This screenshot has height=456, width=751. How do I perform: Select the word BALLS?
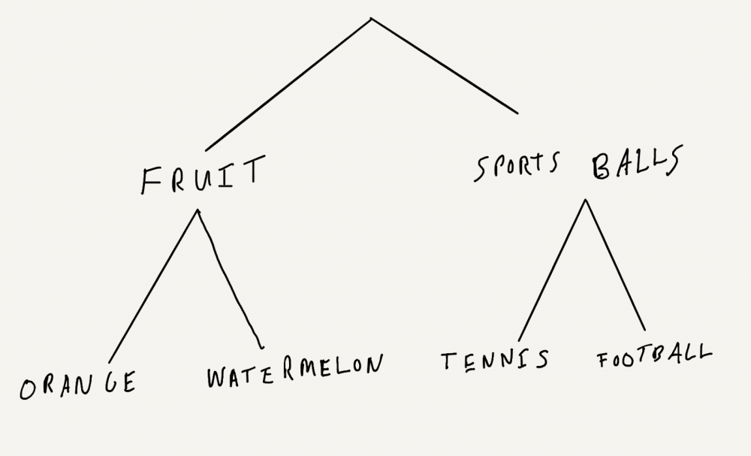click(x=636, y=165)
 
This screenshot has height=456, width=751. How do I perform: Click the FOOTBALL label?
click(x=653, y=356)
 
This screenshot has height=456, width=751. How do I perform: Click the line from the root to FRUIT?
click(x=288, y=84)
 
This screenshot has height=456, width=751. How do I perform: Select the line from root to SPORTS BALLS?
click(x=445, y=65)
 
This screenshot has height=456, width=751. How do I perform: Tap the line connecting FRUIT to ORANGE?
click(x=153, y=286)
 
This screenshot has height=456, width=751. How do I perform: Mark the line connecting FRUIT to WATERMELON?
click(x=229, y=278)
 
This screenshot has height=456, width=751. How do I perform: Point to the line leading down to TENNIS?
click(x=552, y=270)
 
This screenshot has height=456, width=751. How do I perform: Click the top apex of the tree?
click(x=372, y=18)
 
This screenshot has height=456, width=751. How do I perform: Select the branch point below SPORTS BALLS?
click(x=585, y=200)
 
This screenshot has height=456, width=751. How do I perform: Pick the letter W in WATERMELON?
click(x=216, y=378)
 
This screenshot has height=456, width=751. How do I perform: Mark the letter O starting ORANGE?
click(x=29, y=390)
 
